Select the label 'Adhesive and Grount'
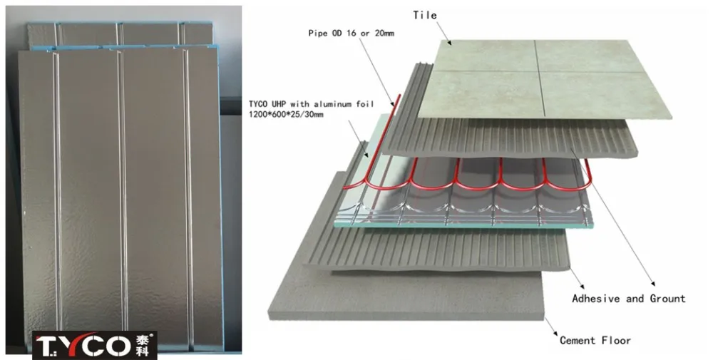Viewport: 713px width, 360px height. [628, 299]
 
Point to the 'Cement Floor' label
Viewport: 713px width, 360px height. [595, 341]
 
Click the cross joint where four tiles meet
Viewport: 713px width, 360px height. [535, 71]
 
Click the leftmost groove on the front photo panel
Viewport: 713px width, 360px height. [58, 192]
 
